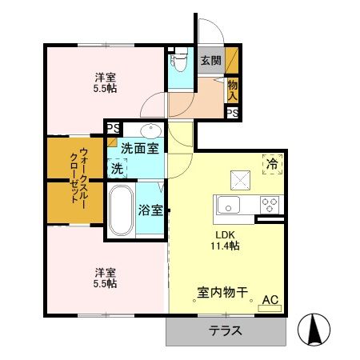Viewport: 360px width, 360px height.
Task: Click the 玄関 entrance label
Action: (210, 59)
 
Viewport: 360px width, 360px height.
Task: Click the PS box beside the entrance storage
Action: (232, 114)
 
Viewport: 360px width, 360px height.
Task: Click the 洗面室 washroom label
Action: (139, 147)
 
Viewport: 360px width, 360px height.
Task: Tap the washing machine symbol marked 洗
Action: (118, 169)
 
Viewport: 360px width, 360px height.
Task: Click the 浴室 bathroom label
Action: (150, 211)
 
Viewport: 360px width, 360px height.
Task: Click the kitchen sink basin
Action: (229, 205)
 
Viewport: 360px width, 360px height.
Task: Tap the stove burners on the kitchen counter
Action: (270, 203)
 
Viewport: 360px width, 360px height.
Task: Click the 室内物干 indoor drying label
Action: (221, 294)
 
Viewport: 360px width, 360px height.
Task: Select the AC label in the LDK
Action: (270, 299)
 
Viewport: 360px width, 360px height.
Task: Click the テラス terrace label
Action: (226, 331)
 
